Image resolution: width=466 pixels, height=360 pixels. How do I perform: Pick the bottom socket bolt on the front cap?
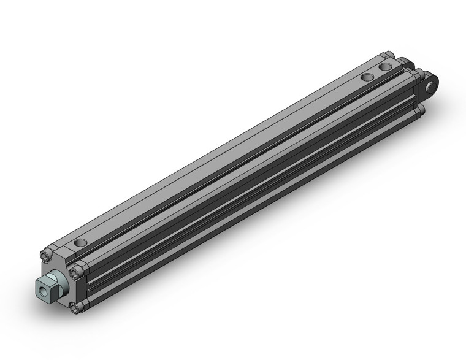point(75,308)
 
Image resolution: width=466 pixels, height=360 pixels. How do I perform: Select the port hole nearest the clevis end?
point(385,66)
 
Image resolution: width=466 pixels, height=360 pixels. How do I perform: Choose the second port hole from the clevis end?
point(368,77)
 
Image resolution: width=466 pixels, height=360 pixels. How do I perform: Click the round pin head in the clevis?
point(434,85)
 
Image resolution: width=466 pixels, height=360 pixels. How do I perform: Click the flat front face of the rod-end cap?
point(61,273)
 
